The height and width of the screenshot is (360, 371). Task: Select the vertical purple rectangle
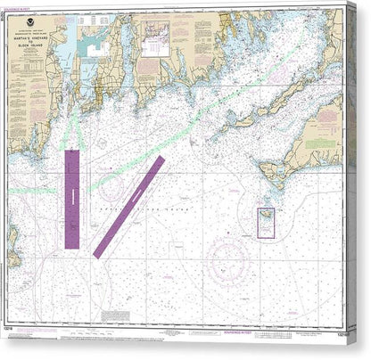pos(72,199)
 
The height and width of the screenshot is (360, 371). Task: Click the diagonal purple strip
pos(129,206)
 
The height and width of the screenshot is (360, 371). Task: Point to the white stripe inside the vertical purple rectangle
pos(72,199)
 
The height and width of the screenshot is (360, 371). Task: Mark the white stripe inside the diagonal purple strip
pos(129,206)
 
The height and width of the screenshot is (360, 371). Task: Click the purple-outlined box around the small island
pos(266,222)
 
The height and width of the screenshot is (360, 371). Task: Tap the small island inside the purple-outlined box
pos(266,217)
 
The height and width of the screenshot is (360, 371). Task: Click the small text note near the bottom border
pos(116,315)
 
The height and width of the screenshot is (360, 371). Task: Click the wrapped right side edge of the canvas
pos(361,178)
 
